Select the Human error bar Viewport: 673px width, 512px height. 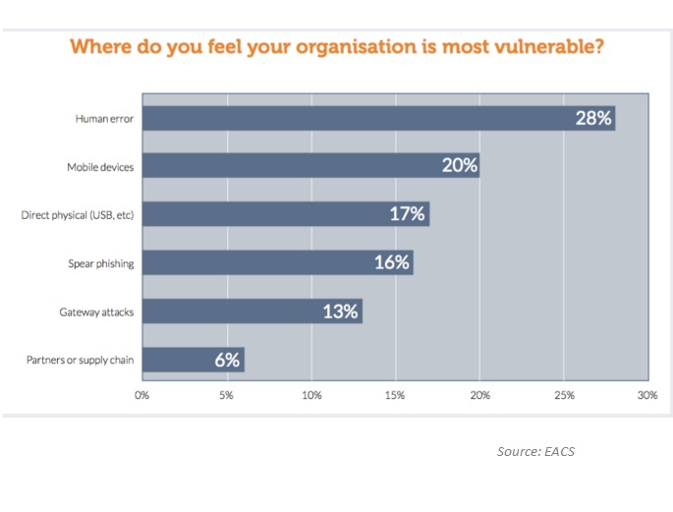click(x=378, y=119)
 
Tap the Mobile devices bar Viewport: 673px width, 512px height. click(x=310, y=167)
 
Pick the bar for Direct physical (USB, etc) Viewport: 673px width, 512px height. click(x=285, y=215)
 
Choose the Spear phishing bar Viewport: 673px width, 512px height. click(x=277, y=263)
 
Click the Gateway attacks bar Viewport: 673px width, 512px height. click(x=252, y=312)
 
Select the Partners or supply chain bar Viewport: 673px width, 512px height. click(x=193, y=361)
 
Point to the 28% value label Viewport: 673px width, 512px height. click(x=592, y=119)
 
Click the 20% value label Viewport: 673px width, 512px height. click(x=458, y=167)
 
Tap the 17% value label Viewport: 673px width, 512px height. click(x=407, y=215)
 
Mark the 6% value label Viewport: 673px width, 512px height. click(x=226, y=361)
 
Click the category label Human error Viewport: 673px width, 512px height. click(x=104, y=119)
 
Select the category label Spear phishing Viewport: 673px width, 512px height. click(x=100, y=263)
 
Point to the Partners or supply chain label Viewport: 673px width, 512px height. click(x=79, y=361)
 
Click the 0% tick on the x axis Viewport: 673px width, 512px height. click(x=141, y=396)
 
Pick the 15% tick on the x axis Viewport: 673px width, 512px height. click(x=395, y=396)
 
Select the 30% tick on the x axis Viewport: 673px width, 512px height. click(x=646, y=396)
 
